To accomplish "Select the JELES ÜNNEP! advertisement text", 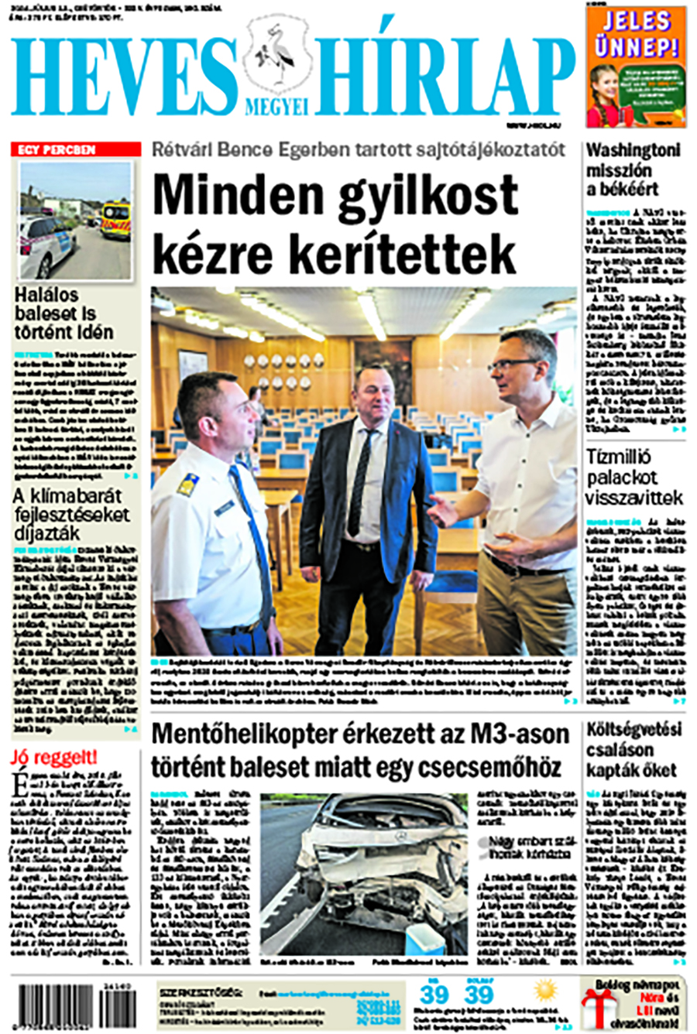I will (636, 35).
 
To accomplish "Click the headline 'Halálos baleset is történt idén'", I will (64, 313).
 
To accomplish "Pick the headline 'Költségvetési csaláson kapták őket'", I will (632, 750).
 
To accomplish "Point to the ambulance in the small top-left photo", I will (116, 219).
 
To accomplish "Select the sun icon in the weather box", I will (546, 991).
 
